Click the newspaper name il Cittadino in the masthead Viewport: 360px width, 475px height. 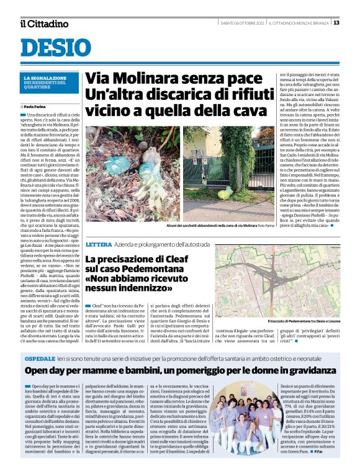point(43,24)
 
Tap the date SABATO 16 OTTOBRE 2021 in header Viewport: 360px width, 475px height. point(243,24)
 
